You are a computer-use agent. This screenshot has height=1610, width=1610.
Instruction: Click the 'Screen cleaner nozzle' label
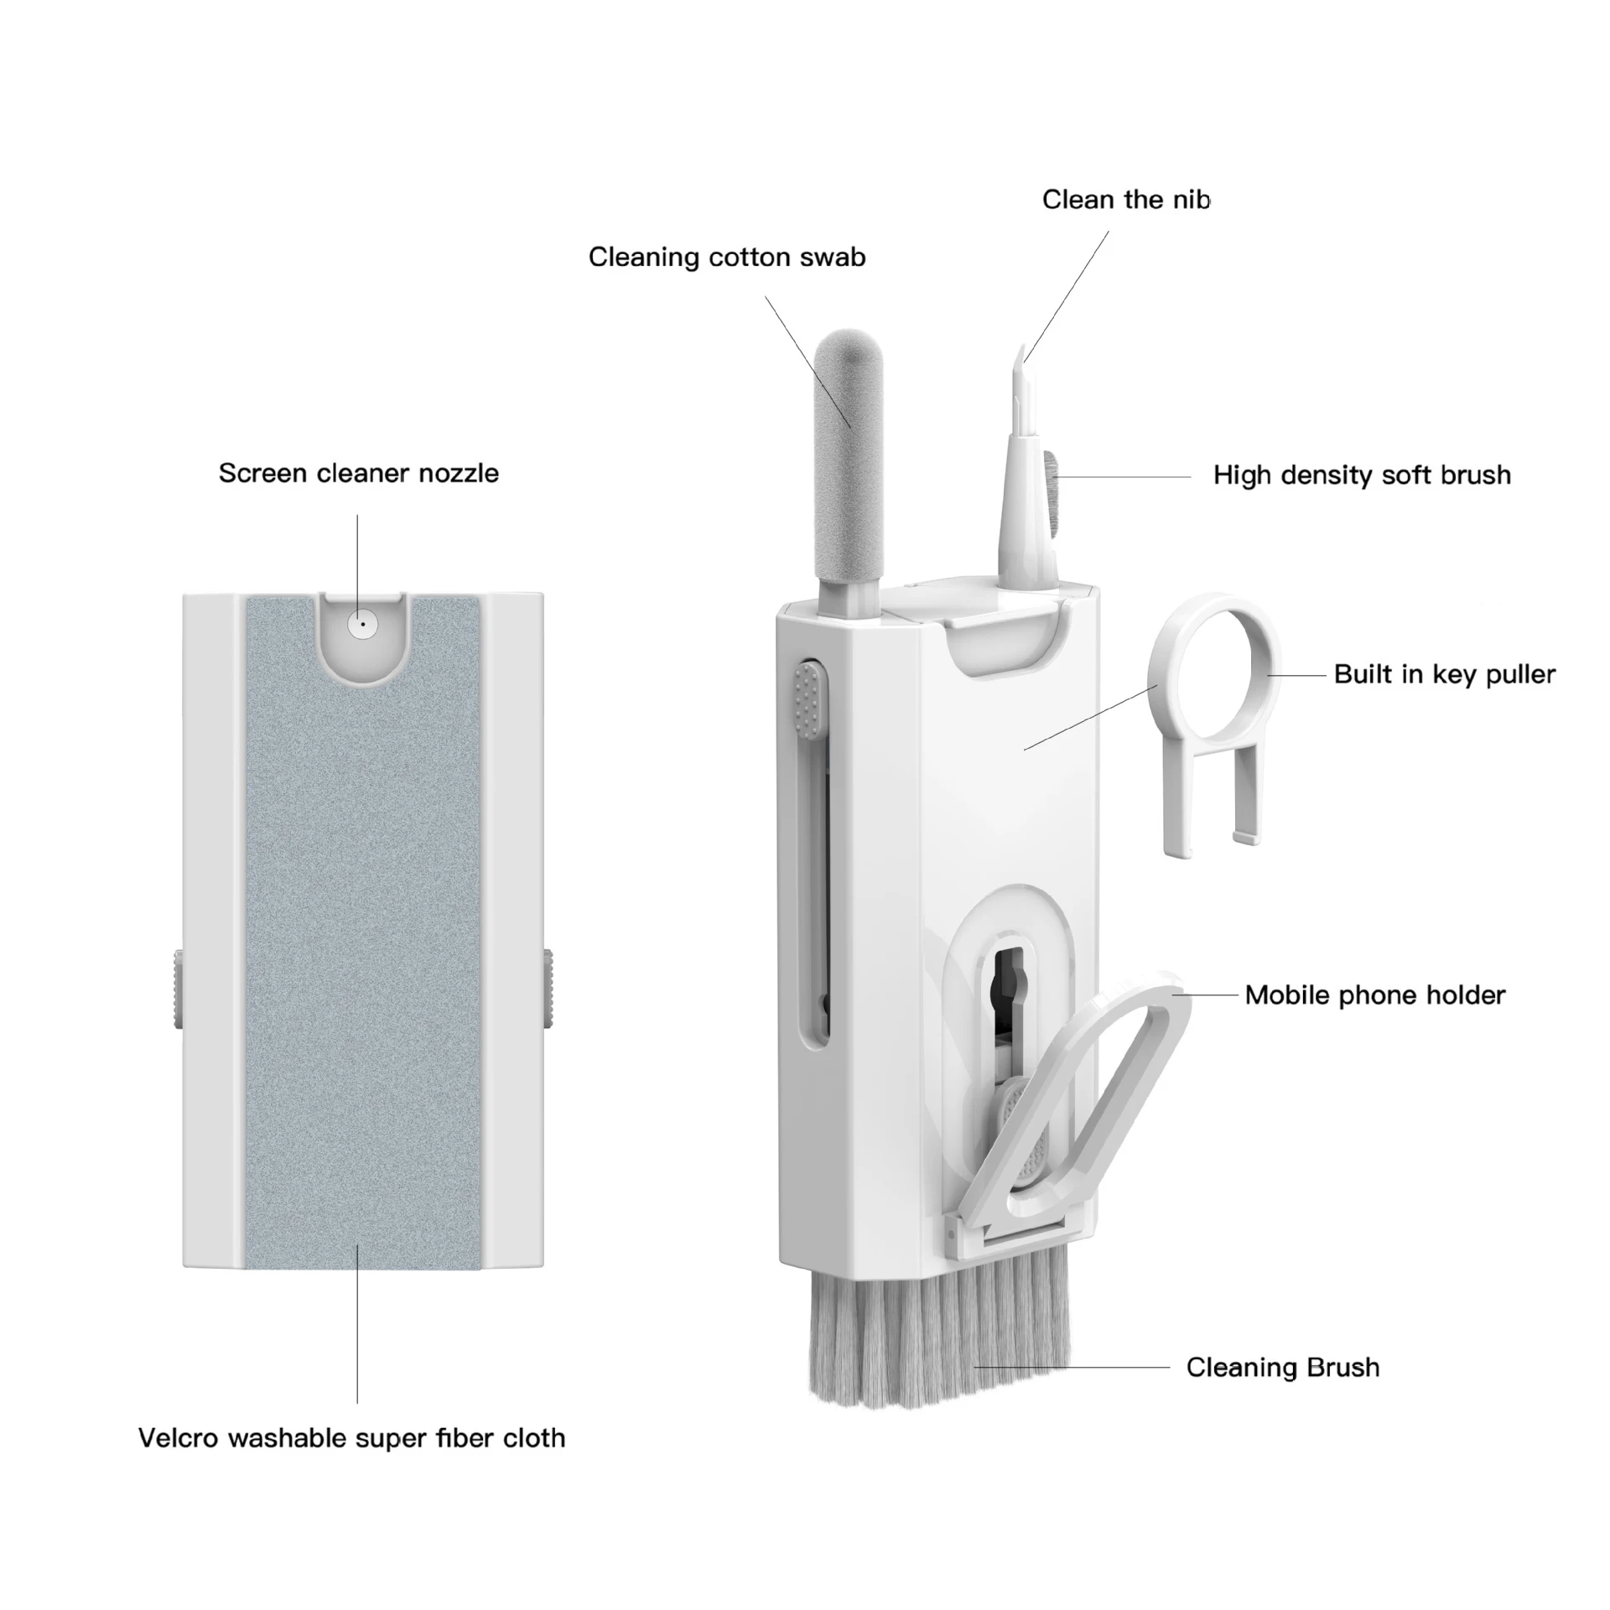point(358,473)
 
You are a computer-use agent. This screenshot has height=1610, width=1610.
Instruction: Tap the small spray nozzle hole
point(362,624)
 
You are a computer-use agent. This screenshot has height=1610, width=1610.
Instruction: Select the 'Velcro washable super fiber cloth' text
point(351,1438)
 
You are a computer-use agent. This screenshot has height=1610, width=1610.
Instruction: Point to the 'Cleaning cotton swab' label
point(726,257)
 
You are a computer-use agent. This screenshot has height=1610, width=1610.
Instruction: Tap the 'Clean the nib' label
point(1124,200)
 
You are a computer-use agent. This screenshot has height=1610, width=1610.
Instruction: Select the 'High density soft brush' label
point(1361,475)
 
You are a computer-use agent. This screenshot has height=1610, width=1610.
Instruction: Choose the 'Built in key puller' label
point(1444,674)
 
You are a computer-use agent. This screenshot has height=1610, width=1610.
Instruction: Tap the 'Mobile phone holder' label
point(1374,995)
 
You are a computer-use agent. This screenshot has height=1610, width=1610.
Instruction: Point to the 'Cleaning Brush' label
point(1282,1368)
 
